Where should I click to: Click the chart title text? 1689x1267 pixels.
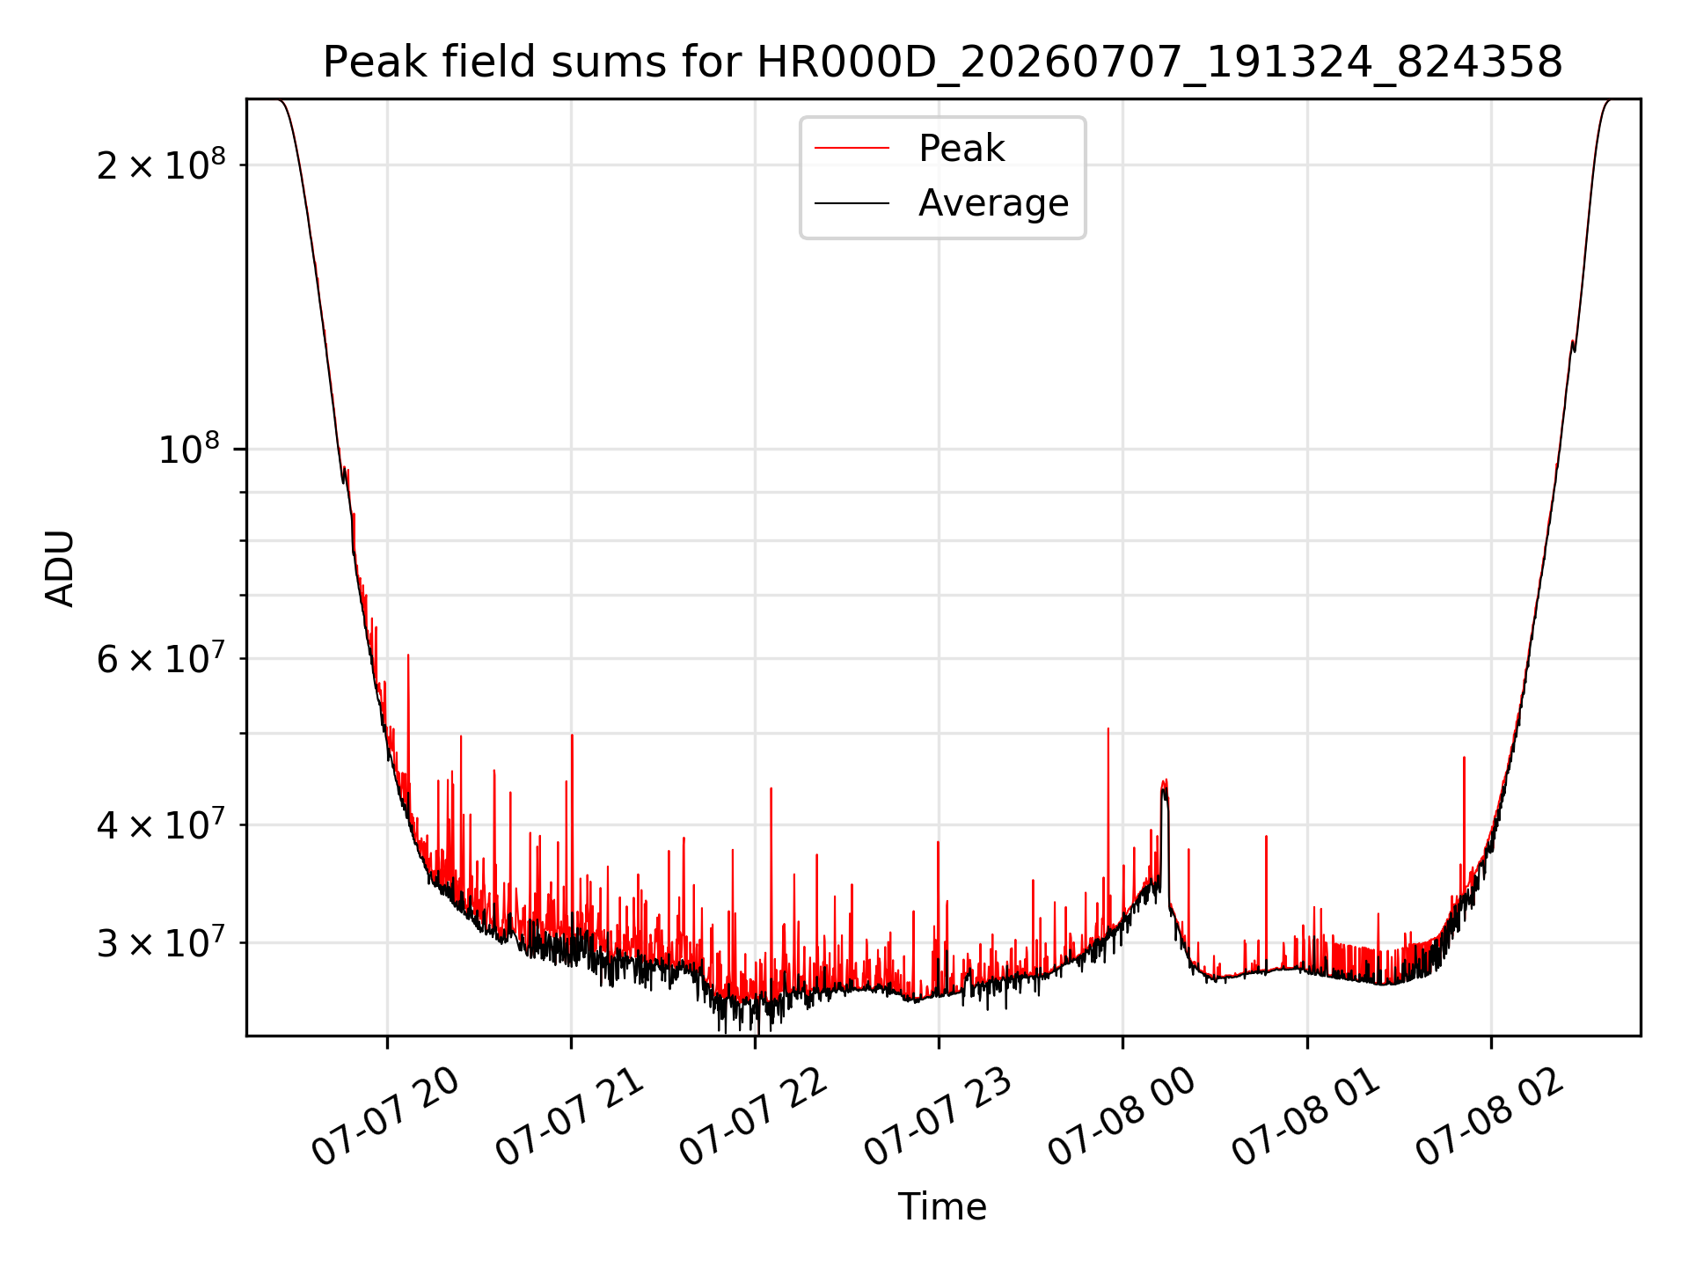(x=942, y=62)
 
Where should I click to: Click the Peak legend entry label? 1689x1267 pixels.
(x=961, y=149)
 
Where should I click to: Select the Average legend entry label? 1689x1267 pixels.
(x=993, y=203)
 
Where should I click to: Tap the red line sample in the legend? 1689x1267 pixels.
(x=852, y=149)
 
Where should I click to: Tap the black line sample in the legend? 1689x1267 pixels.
(x=852, y=203)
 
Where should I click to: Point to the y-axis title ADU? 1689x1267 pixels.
(x=60, y=568)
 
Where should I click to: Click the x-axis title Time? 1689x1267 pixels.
(x=942, y=1207)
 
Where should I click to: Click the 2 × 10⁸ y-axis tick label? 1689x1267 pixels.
(x=161, y=164)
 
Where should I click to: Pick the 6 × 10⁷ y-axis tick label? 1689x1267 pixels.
(x=161, y=658)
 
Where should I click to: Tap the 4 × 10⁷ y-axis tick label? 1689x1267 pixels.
(x=161, y=824)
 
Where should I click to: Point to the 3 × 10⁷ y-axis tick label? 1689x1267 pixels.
(x=161, y=942)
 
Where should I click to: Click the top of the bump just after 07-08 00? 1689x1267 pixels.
(x=1165, y=780)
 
